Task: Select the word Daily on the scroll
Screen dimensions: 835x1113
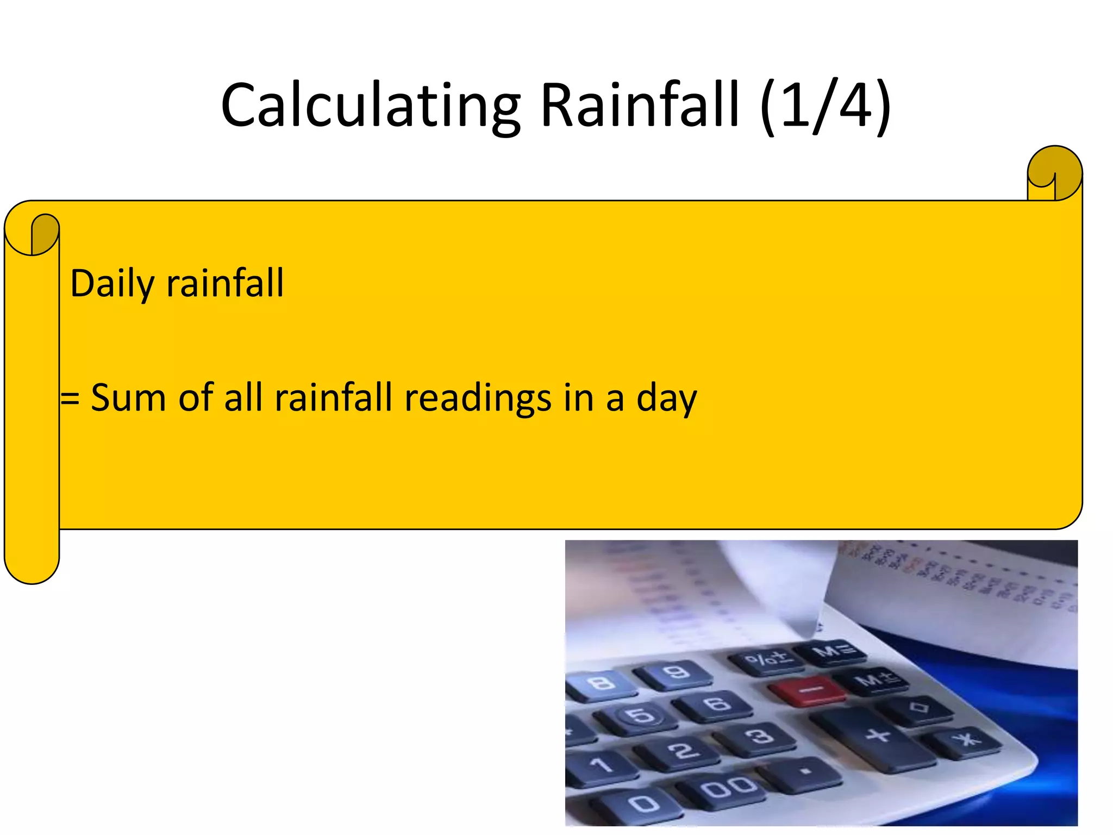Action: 112,284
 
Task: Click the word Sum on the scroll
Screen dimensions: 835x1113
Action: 128,397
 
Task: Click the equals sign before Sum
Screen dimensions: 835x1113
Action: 70,398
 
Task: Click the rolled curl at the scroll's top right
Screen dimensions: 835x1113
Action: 1054,173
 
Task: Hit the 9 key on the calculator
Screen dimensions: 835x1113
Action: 676,673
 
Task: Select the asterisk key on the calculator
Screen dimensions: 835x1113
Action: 967,739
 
